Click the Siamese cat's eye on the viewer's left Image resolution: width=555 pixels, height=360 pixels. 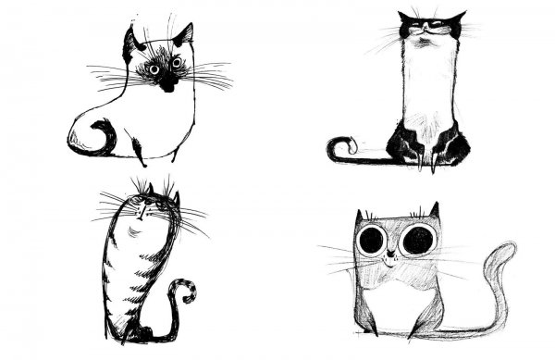[x=154, y=68]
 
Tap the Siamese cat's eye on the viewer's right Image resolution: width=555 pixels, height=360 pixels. [x=176, y=63]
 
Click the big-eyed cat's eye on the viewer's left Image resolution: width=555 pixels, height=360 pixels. [x=372, y=241]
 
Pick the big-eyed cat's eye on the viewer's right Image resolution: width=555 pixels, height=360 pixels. [x=417, y=240]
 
